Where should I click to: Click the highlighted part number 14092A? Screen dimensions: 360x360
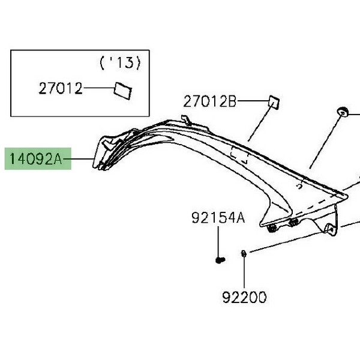36,159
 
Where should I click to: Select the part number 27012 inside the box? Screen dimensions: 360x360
61,88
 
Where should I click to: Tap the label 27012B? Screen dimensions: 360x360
209,102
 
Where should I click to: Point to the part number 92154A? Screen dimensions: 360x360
218,218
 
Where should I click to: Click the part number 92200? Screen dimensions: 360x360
244,298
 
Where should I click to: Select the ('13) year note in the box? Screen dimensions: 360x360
120,63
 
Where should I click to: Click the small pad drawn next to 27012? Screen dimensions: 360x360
123,91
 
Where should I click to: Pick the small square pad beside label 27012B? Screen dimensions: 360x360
274,103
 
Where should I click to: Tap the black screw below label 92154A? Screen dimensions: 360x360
220,260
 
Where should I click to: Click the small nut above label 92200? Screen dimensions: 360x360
244,254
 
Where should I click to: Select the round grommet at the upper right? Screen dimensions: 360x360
343,112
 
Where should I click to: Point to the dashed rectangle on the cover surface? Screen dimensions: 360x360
239,155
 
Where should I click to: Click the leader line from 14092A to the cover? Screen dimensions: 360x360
79,159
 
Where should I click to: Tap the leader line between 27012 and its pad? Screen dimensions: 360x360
99,88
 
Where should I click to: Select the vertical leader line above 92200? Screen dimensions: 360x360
244,272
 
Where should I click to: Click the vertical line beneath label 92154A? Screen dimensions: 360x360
218,242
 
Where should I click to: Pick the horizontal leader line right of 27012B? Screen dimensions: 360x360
253,101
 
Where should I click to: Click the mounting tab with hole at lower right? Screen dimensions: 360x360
331,229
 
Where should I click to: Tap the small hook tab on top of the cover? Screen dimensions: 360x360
186,120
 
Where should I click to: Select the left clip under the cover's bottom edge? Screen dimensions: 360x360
272,228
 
